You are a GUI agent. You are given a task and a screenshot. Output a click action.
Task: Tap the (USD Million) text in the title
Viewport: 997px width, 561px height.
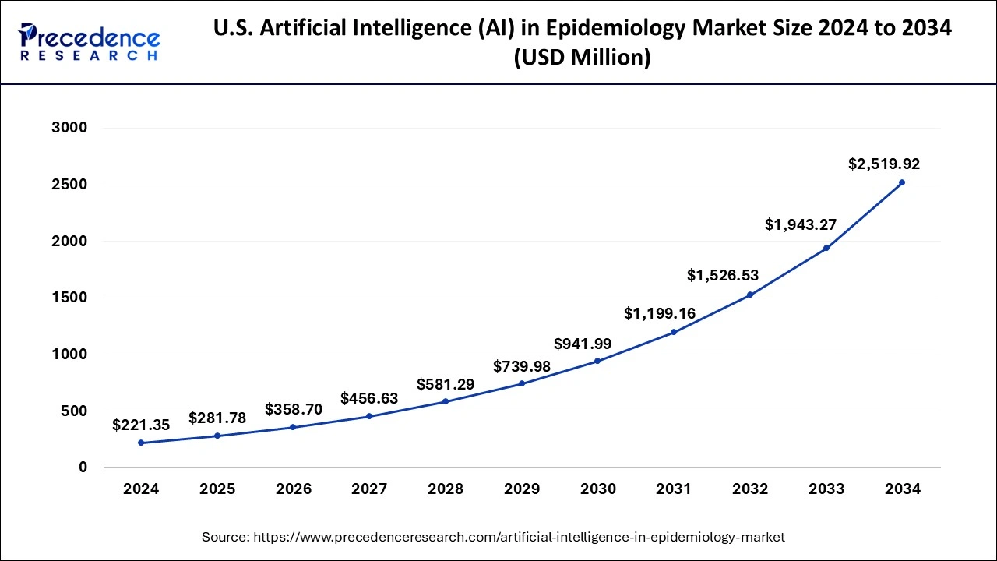(x=582, y=58)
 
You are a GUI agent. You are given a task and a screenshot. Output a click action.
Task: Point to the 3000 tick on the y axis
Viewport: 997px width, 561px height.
(x=71, y=128)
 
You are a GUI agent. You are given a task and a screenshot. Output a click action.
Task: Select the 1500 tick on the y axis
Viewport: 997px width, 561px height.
(x=71, y=298)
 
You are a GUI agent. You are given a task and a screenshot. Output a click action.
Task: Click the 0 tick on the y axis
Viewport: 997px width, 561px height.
(x=82, y=467)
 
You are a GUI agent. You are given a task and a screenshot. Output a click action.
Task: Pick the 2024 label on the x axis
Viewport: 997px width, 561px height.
(x=140, y=489)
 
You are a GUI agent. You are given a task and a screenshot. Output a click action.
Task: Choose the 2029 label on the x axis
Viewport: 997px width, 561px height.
(x=522, y=489)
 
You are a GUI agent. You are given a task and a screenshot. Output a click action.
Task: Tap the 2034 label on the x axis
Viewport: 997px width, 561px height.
(x=902, y=489)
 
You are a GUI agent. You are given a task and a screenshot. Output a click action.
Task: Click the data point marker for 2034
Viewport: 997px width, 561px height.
(x=902, y=182)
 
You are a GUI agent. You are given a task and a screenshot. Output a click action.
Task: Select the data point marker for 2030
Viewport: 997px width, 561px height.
(x=597, y=361)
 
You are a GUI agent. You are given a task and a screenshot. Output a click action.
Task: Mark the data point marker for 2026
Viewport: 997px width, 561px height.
(x=293, y=427)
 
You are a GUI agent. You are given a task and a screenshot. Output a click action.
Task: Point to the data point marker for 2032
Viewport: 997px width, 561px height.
(x=750, y=295)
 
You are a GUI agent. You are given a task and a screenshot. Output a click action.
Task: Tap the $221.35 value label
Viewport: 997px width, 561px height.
(x=140, y=425)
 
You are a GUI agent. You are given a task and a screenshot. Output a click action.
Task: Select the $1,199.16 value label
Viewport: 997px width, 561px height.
(x=660, y=313)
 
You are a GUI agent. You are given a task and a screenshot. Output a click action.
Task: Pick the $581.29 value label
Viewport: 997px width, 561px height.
(x=445, y=384)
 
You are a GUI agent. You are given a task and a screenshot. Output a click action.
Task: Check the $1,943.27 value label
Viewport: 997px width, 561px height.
(x=801, y=224)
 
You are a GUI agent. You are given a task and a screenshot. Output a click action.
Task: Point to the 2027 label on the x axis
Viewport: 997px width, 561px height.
(x=369, y=489)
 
